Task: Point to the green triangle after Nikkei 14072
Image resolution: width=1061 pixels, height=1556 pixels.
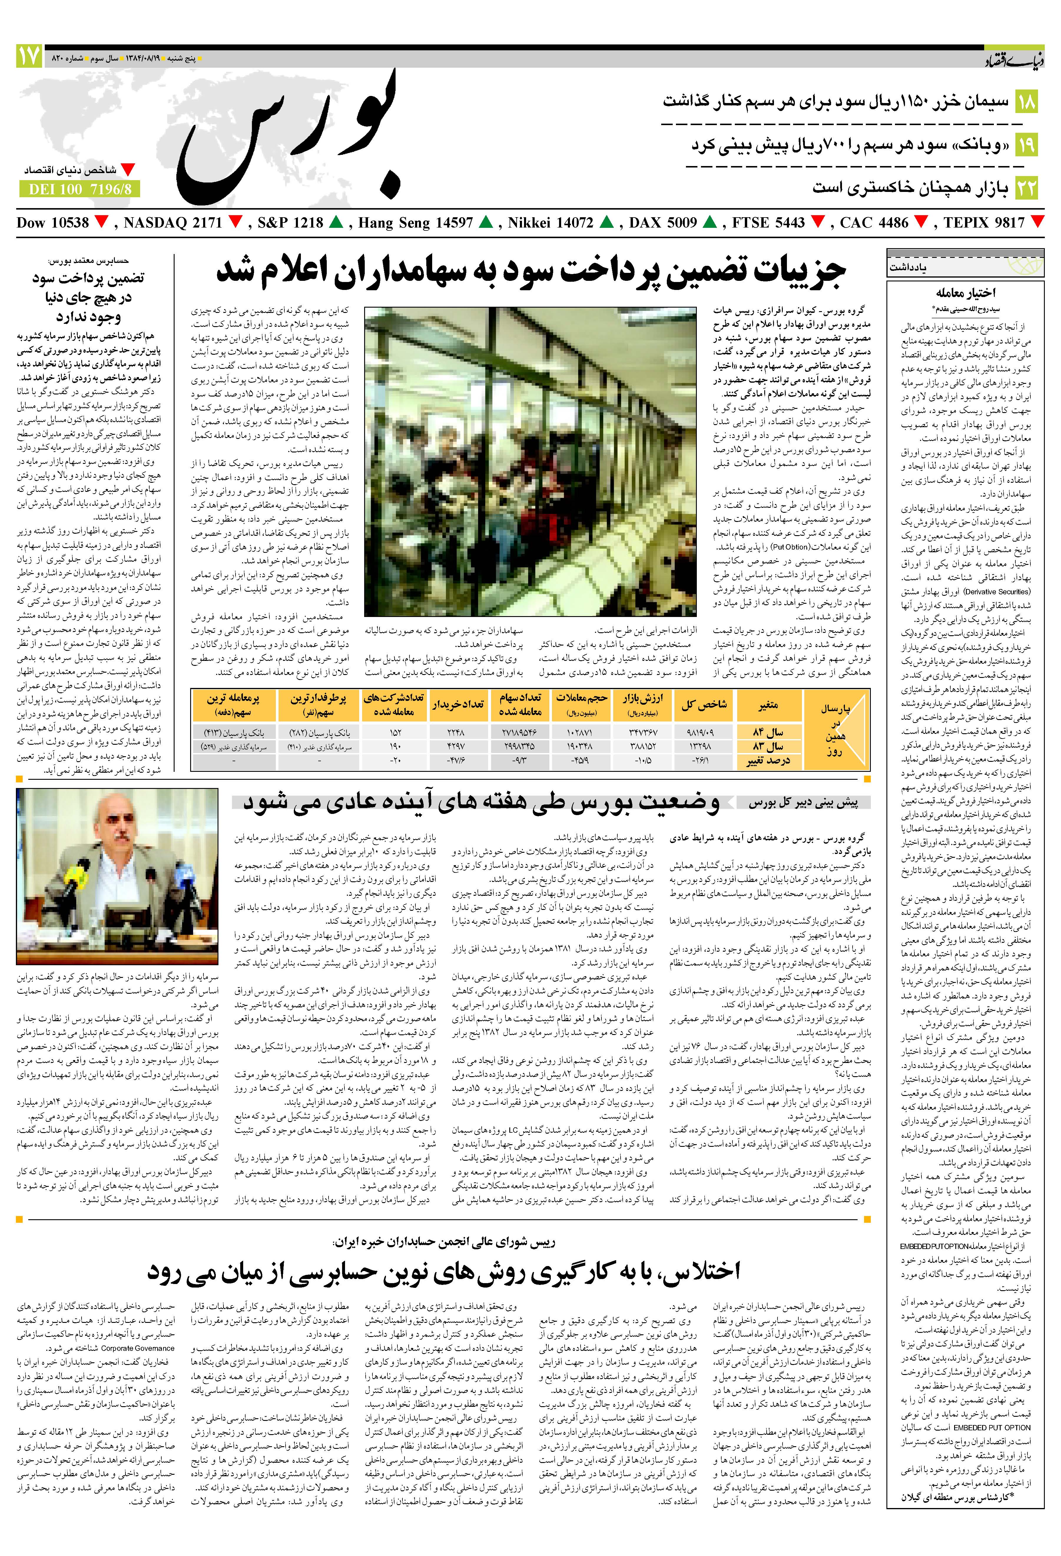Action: pos(606,222)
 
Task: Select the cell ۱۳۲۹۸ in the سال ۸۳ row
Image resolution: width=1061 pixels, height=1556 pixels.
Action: pos(699,746)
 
